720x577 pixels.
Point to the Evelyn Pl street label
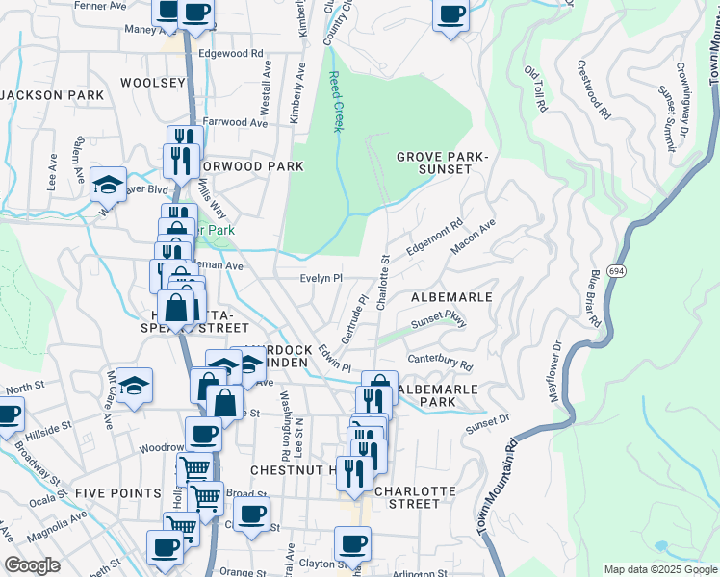point(321,279)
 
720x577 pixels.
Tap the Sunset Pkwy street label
point(439,323)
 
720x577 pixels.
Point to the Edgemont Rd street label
point(434,236)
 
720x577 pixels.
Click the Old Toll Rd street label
point(535,88)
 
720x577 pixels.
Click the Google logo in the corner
point(32,565)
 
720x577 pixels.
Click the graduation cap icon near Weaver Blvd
point(109,183)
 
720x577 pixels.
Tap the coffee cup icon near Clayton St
point(352,543)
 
